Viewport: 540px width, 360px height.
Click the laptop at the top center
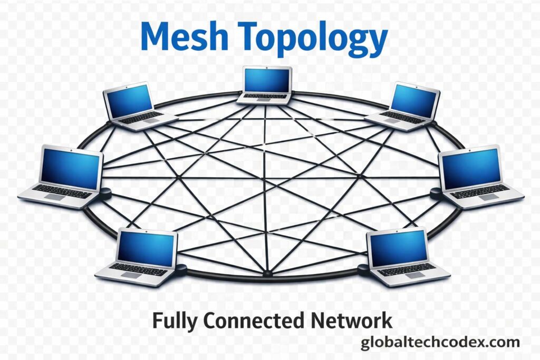pyautogui.click(x=266, y=84)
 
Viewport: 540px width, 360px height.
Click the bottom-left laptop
pyautogui.click(x=140, y=256)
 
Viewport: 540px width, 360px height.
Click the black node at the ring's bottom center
pyautogui.click(x=267, y=273)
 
